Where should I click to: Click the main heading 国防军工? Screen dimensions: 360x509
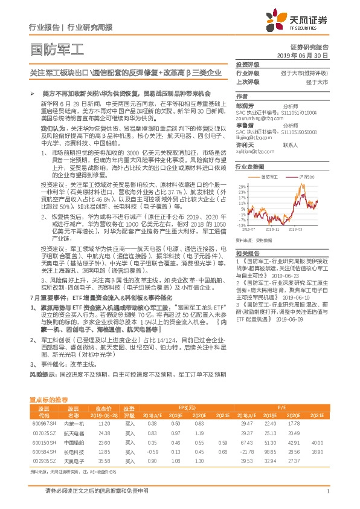pyautogui.click(x=58, y=48)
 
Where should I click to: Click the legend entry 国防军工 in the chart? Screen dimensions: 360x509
pyautogui.click(x=269, y=177)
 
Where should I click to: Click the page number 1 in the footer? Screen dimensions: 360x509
pyautogui.click(x=327, y=492)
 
